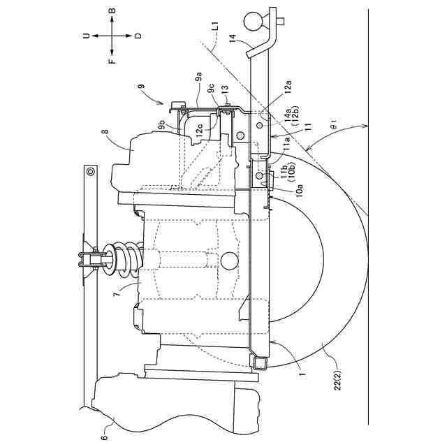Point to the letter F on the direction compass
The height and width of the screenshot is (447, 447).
[x=112, y=60]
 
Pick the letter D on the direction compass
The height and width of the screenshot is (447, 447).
[x=138, y=36]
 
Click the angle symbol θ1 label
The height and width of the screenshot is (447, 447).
[x=334, y=128]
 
